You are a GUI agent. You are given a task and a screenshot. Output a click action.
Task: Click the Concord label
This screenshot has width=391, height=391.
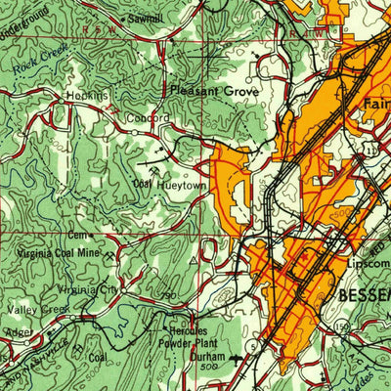[x=148, y=117]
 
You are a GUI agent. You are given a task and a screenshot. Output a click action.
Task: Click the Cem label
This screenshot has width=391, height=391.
[x=77, y=236]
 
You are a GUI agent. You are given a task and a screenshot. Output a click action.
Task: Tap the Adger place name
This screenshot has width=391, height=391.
[x=19, y=332]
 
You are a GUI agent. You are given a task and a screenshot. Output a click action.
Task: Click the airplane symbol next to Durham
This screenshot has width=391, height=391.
[x=234, y=358]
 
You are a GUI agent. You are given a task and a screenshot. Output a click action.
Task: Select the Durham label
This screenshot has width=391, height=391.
[x=206, y=359]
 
